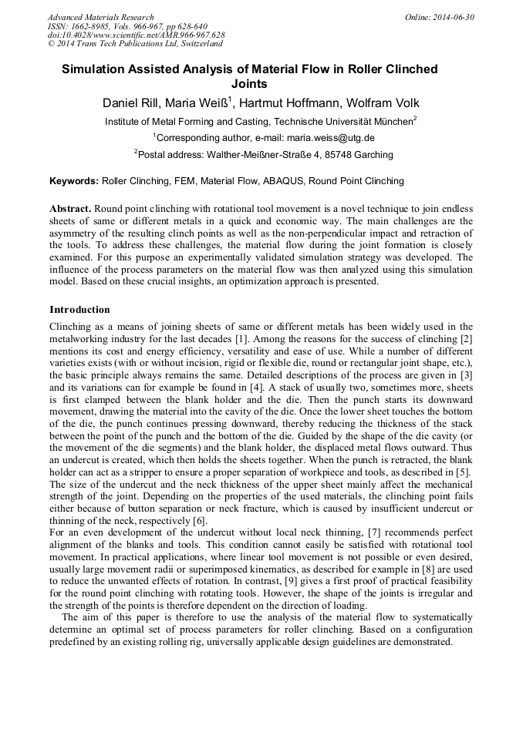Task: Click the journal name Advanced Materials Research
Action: [x=100, y=17]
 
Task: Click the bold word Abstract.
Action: [x=70, y=209]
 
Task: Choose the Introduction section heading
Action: [x=79, y=310]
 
